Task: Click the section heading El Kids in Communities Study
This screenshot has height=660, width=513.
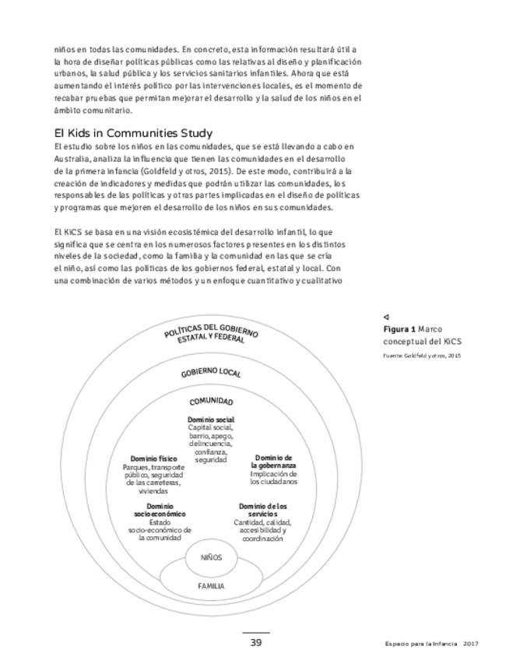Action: pos(133,133)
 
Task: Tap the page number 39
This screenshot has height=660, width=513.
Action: pos(255,642)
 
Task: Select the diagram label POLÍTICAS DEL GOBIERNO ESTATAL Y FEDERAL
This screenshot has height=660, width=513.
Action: pos(211,334)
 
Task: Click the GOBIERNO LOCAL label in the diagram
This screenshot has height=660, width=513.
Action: pos(211,372)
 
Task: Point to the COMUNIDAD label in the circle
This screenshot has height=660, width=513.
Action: pos(211,402)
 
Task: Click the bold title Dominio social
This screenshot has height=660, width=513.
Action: pos(211,420)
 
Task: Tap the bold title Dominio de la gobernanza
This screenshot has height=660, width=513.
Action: pos(273,462)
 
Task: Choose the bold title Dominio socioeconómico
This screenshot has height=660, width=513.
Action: pos(160,511)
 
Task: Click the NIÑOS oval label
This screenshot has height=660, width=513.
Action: pos(211,558)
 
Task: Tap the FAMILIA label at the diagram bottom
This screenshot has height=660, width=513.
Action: pos(211,585)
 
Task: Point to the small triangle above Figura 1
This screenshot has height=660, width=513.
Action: pos(386,318)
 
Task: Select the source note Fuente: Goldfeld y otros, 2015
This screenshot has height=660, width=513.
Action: pos(422,356)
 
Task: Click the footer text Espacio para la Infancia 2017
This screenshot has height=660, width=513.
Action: pos(430,643)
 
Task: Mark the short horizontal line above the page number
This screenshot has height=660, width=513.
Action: pos(255,632)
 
